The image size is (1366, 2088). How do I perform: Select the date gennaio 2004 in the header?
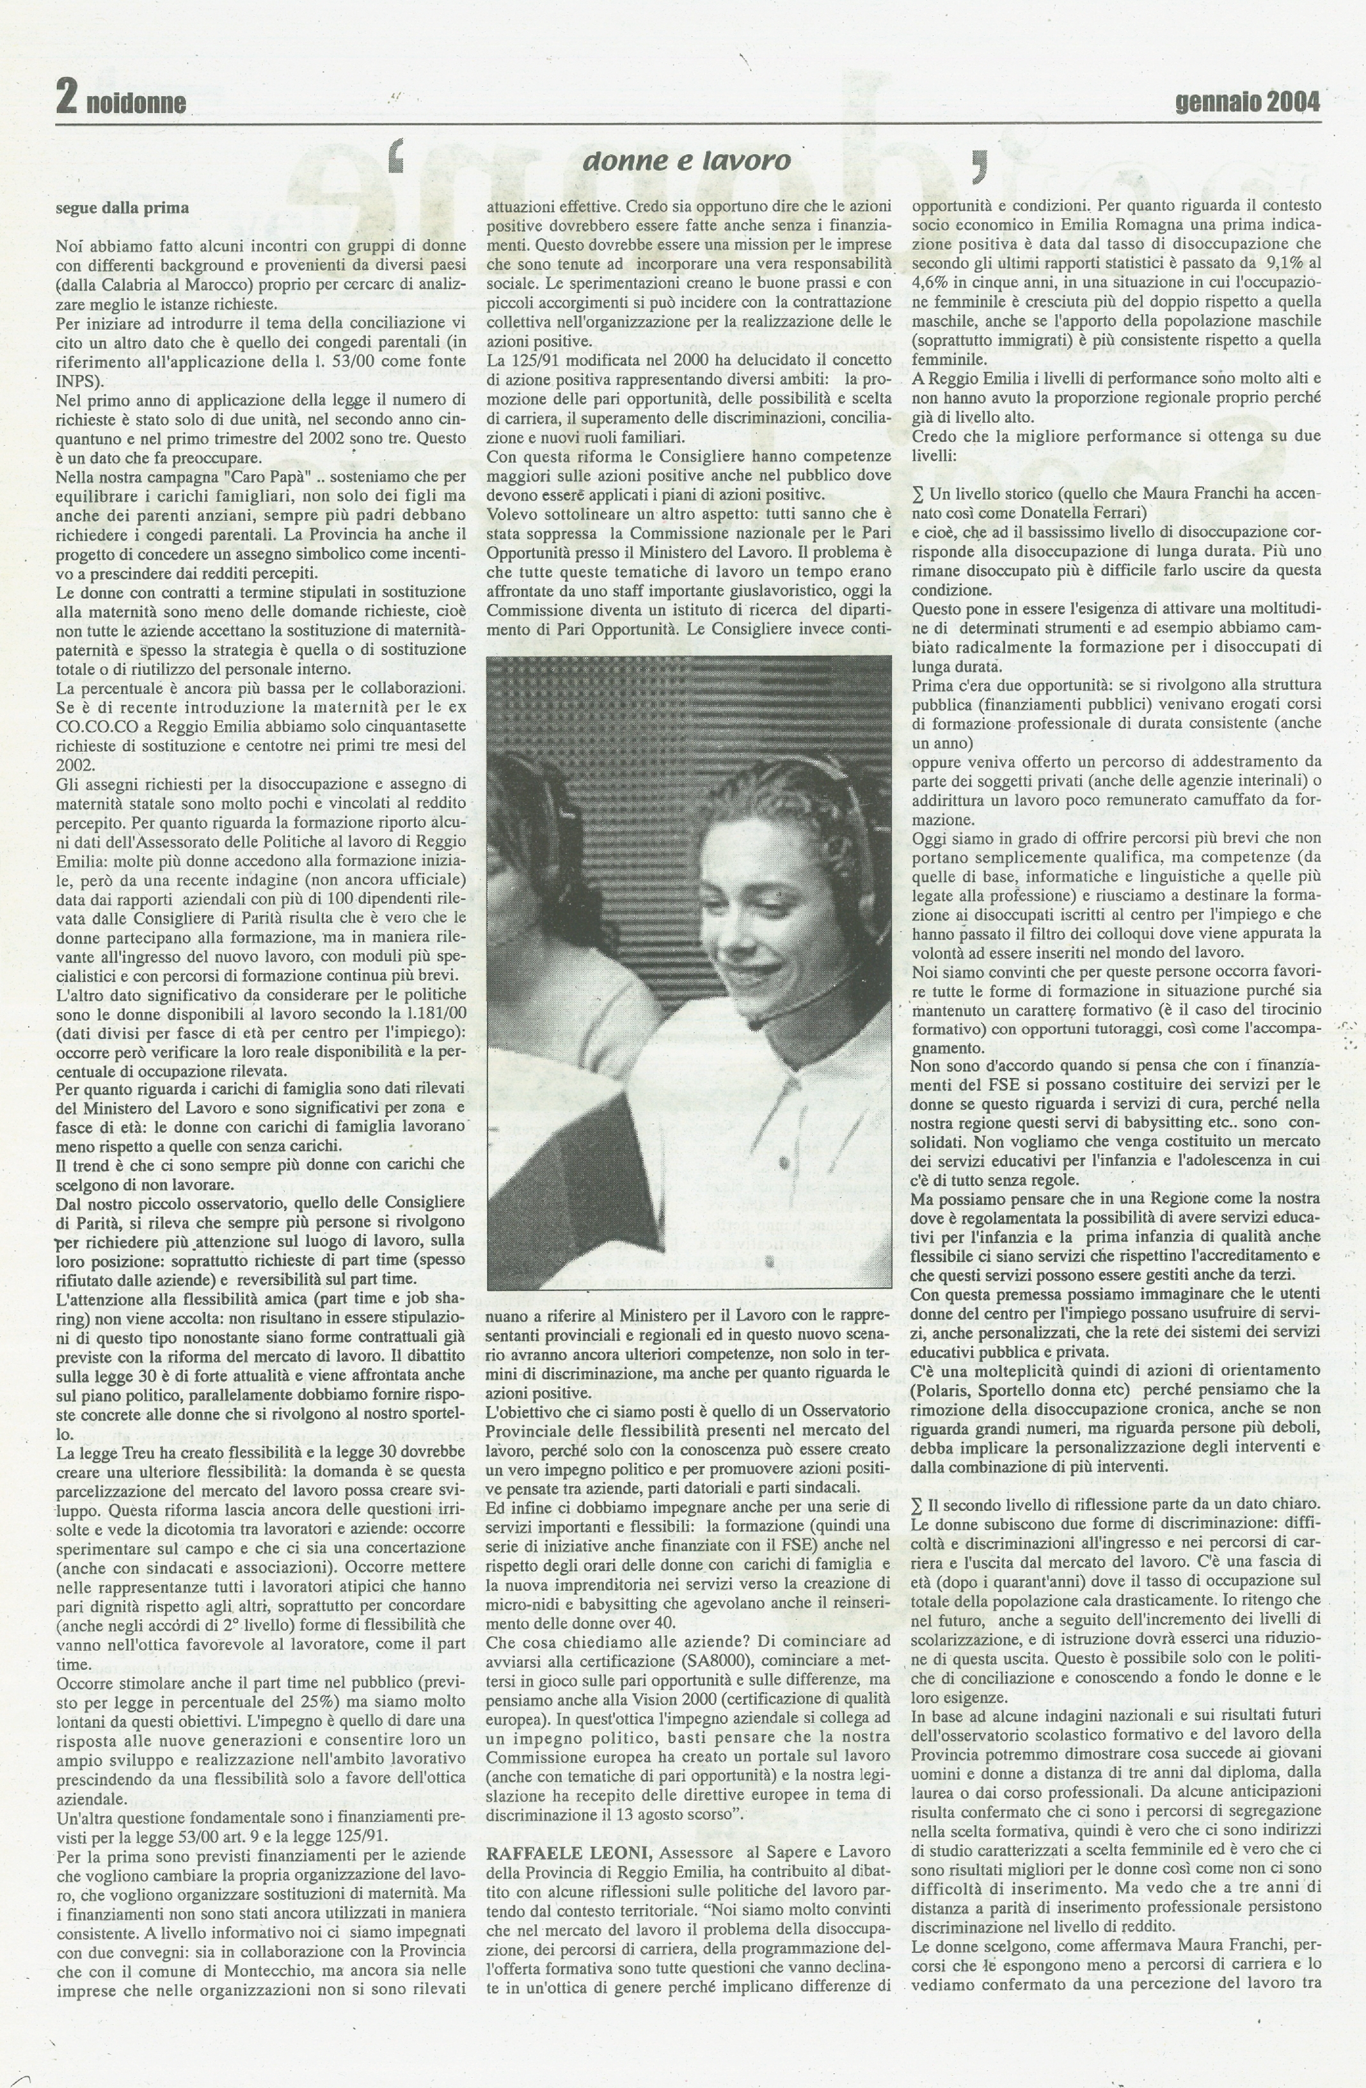[1247, 102]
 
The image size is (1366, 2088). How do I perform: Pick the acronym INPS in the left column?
[76, 382]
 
